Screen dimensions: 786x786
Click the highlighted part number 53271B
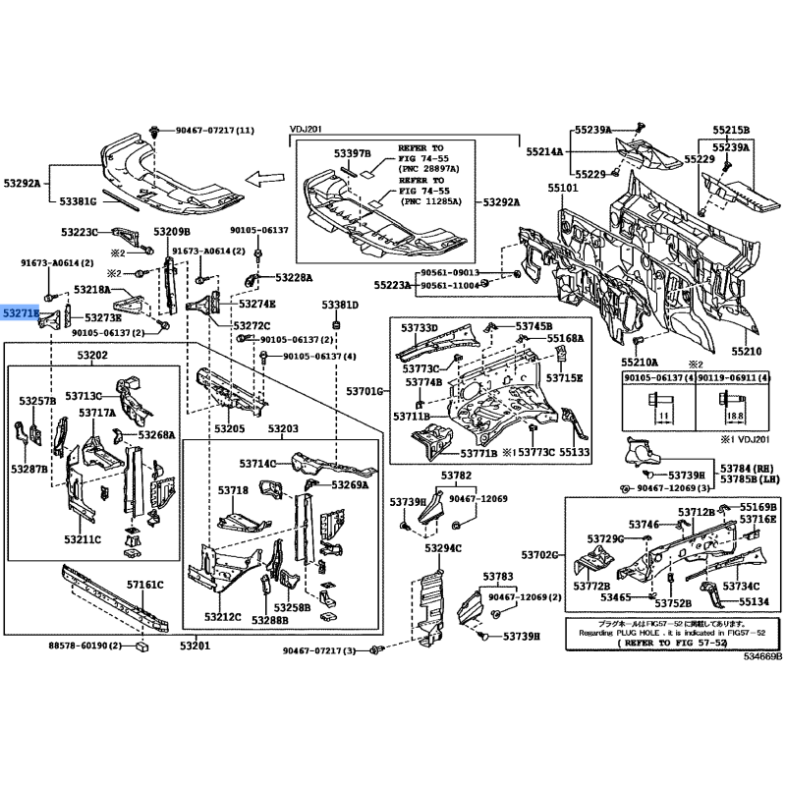tap(19, 312)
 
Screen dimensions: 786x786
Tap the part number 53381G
tap(78, 201)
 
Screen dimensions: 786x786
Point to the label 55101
tap(563, 188)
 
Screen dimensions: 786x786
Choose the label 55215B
tap(731, 130)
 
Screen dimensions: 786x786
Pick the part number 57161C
tap(143, 585)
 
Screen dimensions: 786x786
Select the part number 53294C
tap(440, 547)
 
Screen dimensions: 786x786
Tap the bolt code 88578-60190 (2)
tap(84, 646)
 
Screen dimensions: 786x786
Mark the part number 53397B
tap(352, 154)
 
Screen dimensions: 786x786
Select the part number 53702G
tap(541, 555)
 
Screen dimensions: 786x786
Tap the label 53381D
tap(341, 306)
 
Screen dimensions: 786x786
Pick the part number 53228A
tap(295, 278)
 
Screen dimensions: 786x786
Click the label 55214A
tap(543, 152)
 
